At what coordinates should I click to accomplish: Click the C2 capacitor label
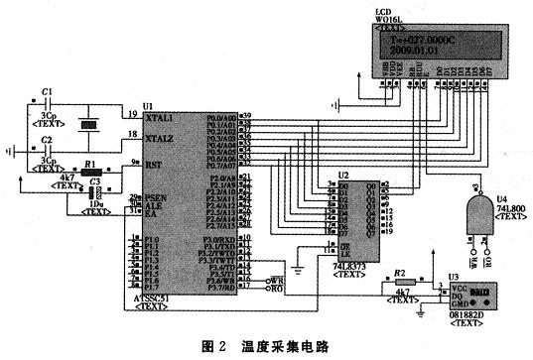pyautogui.click(x=47, y=141)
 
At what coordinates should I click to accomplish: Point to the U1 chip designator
pyautogui.click(x=148, y=105)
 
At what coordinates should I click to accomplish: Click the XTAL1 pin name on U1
pyautogui.click(x=160, y=117)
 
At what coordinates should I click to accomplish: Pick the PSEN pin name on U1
pyautogui.click(x=155, y=198)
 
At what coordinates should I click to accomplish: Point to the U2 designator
pyautogui.click(x=343, y=174)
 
